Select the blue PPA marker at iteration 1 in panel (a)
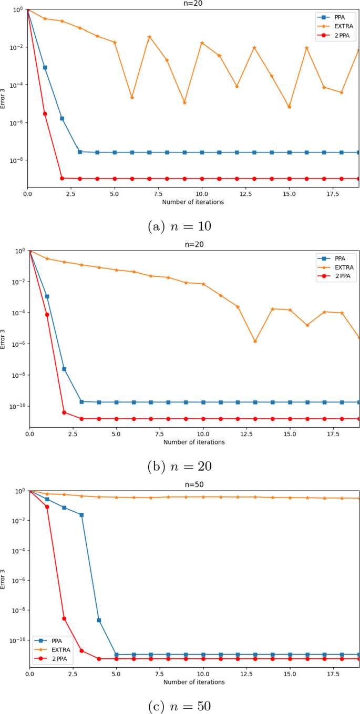[45, 67]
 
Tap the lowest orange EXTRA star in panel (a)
[289, 107]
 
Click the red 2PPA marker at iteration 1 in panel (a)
[45, 113]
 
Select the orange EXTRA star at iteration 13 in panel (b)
[255, 342]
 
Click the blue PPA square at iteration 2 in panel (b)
[64, 369]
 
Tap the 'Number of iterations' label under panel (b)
[194, 442]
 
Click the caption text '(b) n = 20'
[180, 466]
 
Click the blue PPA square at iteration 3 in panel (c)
[81, 515]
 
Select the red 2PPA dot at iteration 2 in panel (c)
[64, 618]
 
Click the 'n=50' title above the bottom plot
[194, 485]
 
